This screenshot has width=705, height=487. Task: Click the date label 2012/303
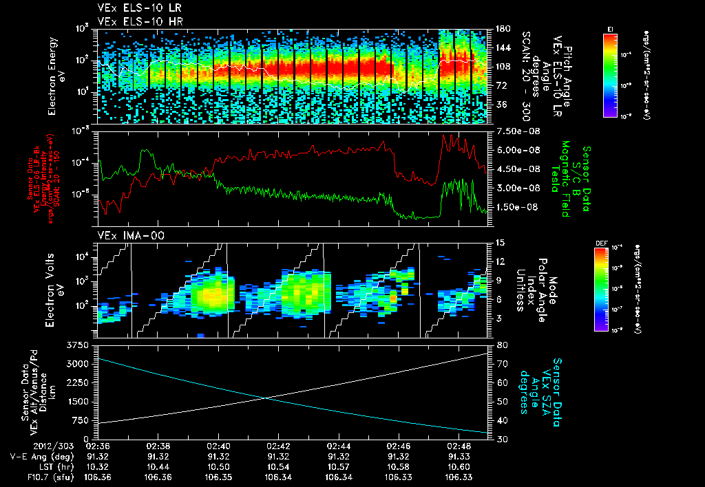(x=33, y=445)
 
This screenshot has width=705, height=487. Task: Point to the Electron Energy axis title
(x=54, y=76)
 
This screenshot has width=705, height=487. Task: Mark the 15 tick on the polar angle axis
(x=499, y=242)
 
